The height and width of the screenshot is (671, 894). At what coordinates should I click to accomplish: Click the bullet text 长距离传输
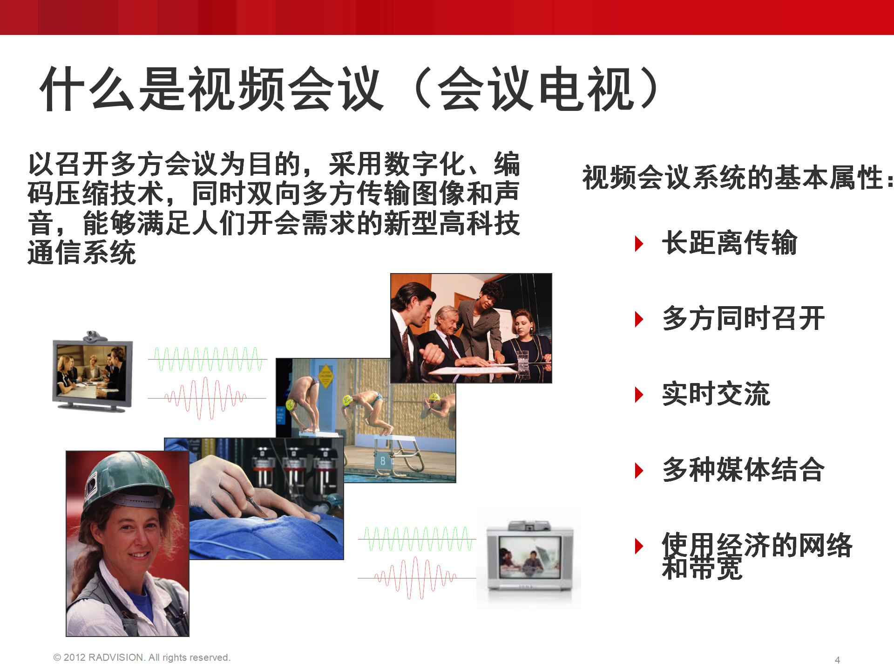pyautogui.click(x=729, y=243)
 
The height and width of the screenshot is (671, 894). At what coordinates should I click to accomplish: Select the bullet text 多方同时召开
pyautogui.click(x=743, y=319)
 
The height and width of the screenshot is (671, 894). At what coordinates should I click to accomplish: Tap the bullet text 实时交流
pyautogui.click(x=716, y=394)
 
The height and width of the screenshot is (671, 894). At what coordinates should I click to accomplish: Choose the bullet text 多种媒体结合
pyautogui.click(x=743, y=470)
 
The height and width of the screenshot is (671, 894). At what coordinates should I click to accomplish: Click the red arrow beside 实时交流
pyautogui.click(x=639, y=395)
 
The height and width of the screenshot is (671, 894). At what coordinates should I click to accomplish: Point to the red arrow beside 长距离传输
pyautogui.click(x=639, y=244)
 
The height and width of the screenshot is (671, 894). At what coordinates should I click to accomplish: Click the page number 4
pyautogui.click(x=838, y=660)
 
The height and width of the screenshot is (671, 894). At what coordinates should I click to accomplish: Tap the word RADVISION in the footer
pyautogui.click(x=116, y=657)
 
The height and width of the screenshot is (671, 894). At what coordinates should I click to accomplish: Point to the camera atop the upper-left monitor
pyautogui.click(x=95, y=336)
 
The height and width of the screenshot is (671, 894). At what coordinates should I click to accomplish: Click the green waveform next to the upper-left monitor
pyautogui.click(x=208, y=359)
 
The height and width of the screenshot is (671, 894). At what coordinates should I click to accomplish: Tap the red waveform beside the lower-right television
pyautogui.click(x=417, y=578)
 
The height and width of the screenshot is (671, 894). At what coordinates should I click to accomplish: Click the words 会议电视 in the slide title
pyautogui.click(x=535, y=89)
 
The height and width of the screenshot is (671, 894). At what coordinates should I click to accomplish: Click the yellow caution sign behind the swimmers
pyautogui.click(x=325, y=377)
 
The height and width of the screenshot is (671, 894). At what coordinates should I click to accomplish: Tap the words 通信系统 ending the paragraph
pyautogui.click(x=82, y=252)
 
